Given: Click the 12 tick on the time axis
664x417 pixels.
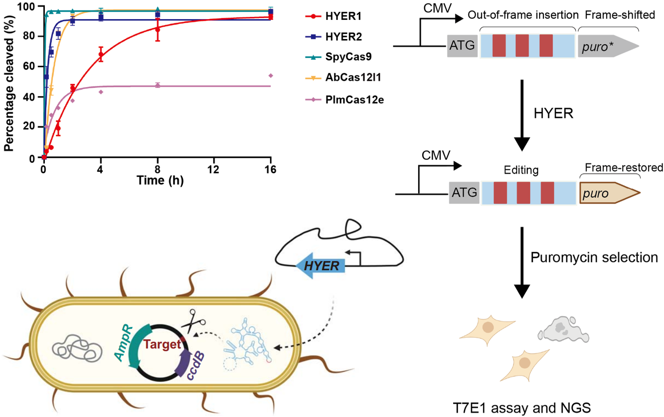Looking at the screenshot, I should click(x=213, y=169).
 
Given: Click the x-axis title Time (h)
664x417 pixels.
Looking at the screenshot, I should click(x=160, y=180).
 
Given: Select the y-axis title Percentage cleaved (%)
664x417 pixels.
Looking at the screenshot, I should click(x=9, y=83).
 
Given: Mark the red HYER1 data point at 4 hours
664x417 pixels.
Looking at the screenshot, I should click(x=101, y=54).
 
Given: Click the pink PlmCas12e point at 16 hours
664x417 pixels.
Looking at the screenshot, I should click(x=271, y=76).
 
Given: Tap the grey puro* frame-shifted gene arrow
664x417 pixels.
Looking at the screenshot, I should click(x=607, y=46).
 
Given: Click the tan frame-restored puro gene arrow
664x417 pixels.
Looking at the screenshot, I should click(x=608, y=193).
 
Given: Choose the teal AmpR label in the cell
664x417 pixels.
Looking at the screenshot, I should click(x=124, y=343).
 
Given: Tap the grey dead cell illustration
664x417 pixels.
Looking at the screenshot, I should click(x=563, y=330).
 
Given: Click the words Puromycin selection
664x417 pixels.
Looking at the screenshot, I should click(x=594, y=258).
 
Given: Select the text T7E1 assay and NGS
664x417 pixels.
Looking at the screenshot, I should click(x=522, y=407).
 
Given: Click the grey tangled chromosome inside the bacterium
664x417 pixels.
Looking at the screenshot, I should click(x=77, y=349).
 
